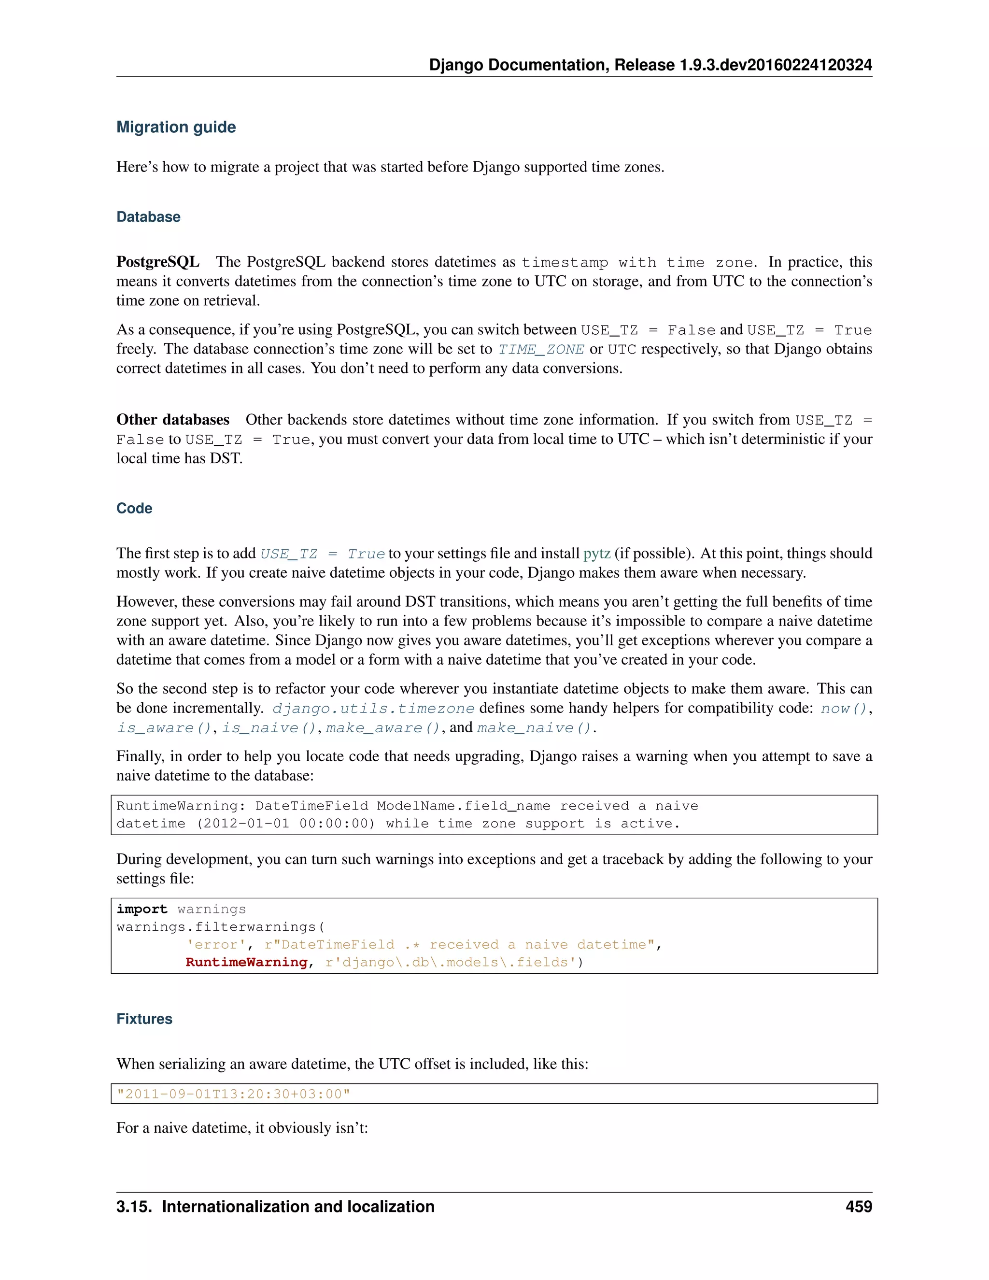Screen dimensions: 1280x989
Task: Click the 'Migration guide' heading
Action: [x=176, y=127]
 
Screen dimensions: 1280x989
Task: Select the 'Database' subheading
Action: [x=148, y=217]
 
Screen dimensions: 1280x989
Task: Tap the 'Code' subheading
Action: [x=134, y=508]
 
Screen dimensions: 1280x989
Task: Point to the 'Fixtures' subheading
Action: [x=144, y=1019]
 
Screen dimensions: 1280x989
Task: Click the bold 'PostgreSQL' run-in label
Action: [x=157, y=262]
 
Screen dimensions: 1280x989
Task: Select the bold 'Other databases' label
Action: [x=173, y=420]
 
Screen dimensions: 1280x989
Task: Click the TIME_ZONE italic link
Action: [x=541, y=350]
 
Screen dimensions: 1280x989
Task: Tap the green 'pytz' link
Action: [x=596, y=553]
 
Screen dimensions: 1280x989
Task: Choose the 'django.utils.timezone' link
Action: [x=373, y=709]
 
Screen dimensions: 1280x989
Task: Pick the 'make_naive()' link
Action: [x=535, y=728]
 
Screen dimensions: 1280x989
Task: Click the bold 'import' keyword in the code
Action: [x=142, y=909]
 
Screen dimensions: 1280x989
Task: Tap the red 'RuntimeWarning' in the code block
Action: [x=247, y=962]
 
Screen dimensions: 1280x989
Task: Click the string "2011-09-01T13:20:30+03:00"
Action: [x=233, y=1094]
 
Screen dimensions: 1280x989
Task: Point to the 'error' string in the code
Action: [x=212, y=944]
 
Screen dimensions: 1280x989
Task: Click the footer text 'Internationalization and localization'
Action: [x=297, y=1206]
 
